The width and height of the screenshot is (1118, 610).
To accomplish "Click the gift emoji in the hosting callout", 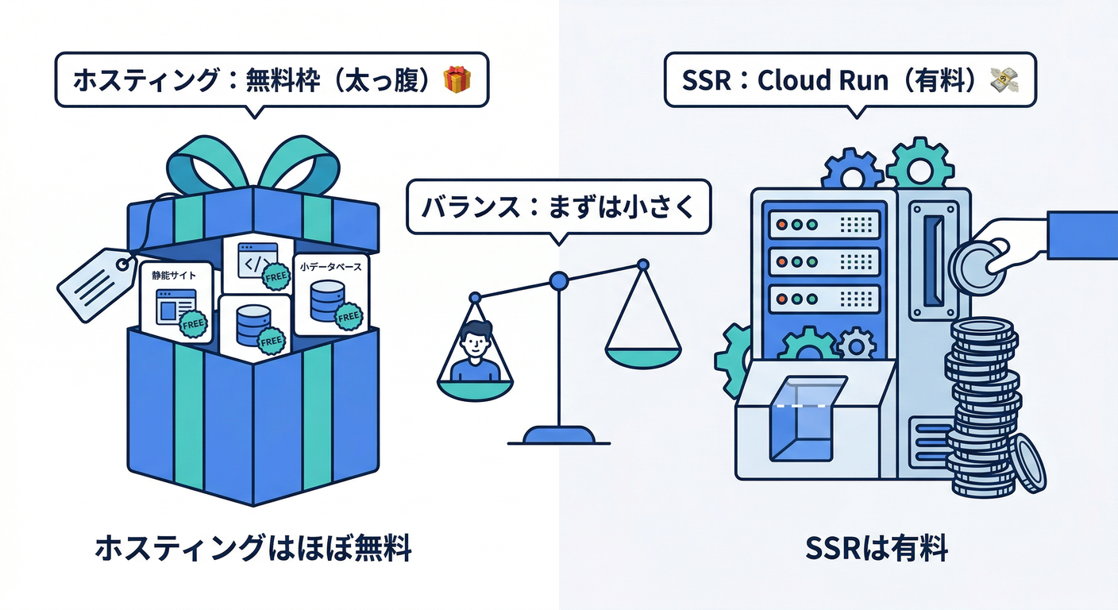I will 457,80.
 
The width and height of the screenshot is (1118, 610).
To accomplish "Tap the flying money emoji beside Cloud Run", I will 1004,80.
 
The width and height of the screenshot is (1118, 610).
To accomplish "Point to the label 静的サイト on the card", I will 175,276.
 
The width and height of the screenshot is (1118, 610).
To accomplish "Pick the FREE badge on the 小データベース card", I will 349,317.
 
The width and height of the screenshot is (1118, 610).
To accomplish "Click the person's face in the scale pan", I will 475,342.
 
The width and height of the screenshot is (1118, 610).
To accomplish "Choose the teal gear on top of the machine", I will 919,164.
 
